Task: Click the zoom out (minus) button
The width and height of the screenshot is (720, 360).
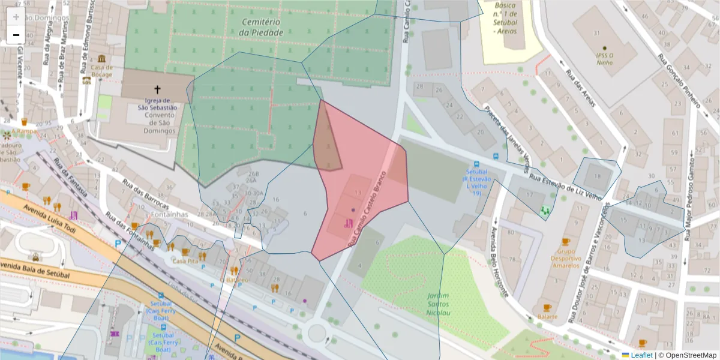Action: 16,35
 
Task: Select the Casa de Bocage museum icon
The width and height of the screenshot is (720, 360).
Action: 102,59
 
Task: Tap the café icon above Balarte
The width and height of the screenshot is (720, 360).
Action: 547,307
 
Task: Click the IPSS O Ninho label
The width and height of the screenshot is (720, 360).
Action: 604,57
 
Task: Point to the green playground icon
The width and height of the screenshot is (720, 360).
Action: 545,211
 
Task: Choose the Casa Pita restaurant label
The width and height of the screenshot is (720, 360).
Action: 185,261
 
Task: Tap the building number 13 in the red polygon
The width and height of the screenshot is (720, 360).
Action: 358,192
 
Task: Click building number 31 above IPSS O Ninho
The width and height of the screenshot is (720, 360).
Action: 596,32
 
